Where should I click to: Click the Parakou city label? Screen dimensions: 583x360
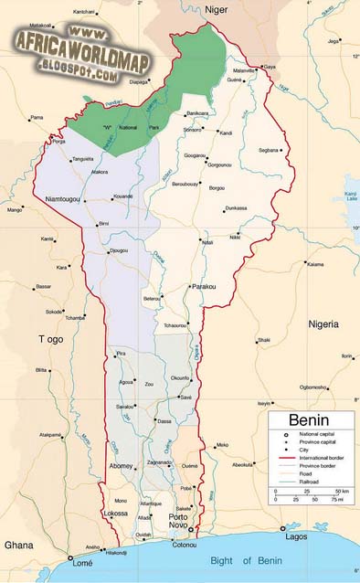tap(204, 287)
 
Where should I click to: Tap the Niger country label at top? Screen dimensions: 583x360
tap(216, 9)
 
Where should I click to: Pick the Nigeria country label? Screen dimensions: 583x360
tap(323, 324)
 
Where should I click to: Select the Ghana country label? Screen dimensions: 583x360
tap(18, 545)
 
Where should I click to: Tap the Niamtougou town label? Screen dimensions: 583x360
tap(57, 199)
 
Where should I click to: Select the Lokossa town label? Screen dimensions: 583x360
tap(115, 514)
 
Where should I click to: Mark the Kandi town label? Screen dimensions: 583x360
tap(227, 133)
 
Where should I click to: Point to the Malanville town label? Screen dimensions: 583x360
tap(244, 70)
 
